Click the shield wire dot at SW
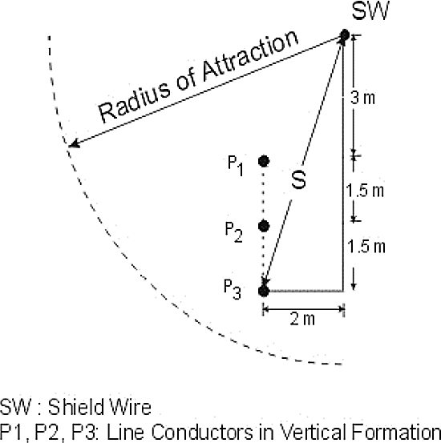[345, 35]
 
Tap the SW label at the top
[370, 10]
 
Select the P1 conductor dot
[264, 161]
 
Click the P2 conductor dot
[264, 226]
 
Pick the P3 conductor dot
[264, 291]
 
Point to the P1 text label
[236, 166]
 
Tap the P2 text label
[233, 232]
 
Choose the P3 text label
[233, 289]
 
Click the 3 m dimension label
[362, 98]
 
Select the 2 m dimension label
[302, 320]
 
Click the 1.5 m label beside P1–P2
[365, 190]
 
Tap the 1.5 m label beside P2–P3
[366, 246]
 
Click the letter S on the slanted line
[299, 179]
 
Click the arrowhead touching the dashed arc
[74, 144]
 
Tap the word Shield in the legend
[75, 407]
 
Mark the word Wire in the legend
[131, 407]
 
